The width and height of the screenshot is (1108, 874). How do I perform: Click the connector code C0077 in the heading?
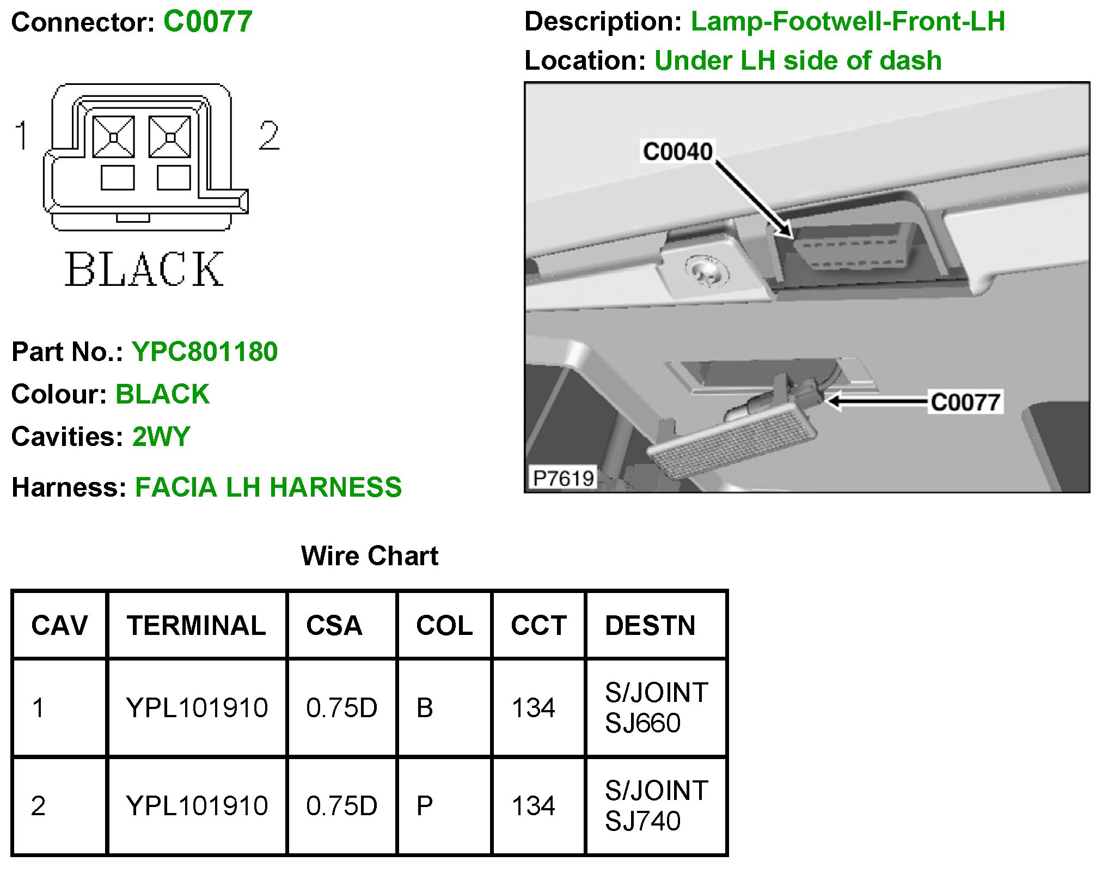click(207, 22)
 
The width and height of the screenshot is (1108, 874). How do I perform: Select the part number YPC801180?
click(205, 352)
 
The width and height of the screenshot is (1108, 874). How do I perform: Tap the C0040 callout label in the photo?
click(677, 151)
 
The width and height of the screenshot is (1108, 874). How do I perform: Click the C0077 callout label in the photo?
click(965, 402)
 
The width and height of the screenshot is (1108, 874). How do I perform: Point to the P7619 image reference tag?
click(563, 478)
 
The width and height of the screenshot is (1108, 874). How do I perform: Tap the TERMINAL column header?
click(196, 625)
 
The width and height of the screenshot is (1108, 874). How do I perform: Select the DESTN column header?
click(650, 625)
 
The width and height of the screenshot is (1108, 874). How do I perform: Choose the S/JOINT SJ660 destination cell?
click(656, 708)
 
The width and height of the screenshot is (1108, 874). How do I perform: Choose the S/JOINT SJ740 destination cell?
click(656, 806)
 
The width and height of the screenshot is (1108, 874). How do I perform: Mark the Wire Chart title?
click(369, 556)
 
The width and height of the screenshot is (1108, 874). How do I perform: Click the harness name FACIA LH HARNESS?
click(268, 487)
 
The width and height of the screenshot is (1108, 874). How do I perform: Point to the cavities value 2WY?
click(161, 437)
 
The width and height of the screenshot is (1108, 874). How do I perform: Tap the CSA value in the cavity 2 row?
click(341, 806)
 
